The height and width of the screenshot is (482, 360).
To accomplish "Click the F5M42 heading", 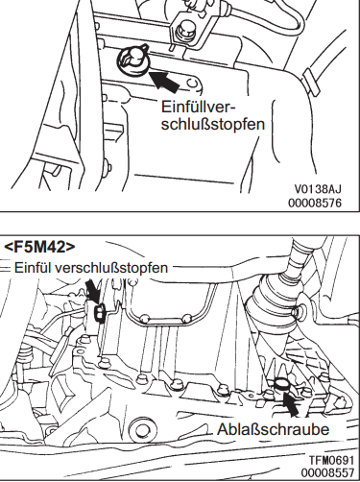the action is (x=39, y=247).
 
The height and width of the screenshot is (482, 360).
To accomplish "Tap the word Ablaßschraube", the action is (x=273, y=429).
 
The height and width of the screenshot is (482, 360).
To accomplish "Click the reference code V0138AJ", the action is (x=318, y=189).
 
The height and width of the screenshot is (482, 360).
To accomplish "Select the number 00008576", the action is (x=315, y=203).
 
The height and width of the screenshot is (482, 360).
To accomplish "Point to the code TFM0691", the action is (x=331, y=461).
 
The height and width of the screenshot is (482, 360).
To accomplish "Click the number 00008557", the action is (x=327, y=472).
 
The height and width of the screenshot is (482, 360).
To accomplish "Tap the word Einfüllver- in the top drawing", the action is (x=198, y=107).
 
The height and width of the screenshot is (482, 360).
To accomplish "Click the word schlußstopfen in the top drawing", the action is (x=213, y=124).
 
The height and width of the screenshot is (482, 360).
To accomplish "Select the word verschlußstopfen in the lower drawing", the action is (x=111, y=268).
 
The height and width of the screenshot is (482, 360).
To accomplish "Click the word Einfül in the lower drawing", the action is (x=33, y=267).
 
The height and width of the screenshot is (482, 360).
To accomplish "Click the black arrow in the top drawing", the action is (x=164, y=82).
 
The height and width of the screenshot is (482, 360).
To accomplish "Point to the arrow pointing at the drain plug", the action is (x=291, y=404).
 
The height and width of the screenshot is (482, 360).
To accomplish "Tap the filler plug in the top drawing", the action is (x=133, y=60).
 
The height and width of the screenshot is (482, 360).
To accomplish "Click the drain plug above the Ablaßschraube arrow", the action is (x=281, y=383).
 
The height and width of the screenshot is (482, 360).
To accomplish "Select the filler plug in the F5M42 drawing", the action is (x=100, y=313).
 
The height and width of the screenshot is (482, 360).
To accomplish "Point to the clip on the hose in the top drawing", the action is (x=311, y=82).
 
